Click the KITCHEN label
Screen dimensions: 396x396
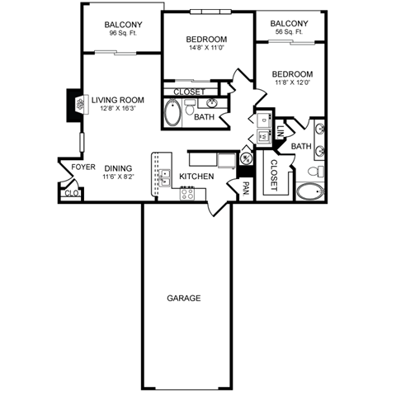pyautogui.click(x=197, y=177)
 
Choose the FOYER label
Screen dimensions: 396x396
pyautogui.click(x=83, y=167)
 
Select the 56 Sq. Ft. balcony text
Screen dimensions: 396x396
pyautogui.click(x=289, y=31)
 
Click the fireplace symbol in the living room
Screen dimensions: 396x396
pyautogui.click(x=81, y=106)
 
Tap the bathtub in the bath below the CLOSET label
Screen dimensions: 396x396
pyautogui.click(x=173, y=113)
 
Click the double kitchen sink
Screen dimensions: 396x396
pyautogui.click(x=165, y=177)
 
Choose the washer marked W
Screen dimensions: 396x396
pyautogui.click(x=263, y=137)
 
